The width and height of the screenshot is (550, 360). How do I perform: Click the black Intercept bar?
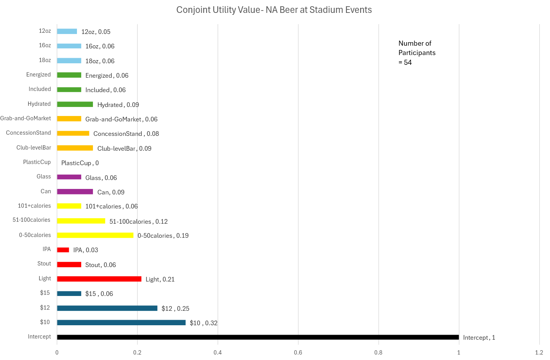258,337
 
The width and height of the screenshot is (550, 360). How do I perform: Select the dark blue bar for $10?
121,323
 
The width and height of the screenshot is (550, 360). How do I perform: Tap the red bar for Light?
99,279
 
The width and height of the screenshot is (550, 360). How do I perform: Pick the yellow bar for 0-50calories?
95,235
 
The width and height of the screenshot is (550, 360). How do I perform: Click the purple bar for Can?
75,192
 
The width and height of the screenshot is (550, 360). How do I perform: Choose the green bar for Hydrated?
75,104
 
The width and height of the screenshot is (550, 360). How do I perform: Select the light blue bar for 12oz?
67,31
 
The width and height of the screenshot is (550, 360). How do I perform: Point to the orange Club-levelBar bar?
75,148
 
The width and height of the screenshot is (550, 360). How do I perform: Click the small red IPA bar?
63,250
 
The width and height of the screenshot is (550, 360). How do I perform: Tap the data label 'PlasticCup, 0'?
80,163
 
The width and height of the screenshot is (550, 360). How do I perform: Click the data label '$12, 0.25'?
175,308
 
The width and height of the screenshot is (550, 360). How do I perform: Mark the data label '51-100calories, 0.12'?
139,221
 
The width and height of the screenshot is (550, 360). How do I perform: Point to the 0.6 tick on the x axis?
298,353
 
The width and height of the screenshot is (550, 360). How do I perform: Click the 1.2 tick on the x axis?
539,353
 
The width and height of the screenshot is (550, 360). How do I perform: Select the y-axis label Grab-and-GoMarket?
25,118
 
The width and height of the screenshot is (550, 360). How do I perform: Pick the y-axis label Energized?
39,75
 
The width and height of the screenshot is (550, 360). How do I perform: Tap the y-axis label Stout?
44,264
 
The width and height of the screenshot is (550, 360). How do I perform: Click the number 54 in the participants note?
408,62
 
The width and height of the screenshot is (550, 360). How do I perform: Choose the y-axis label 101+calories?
34,206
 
